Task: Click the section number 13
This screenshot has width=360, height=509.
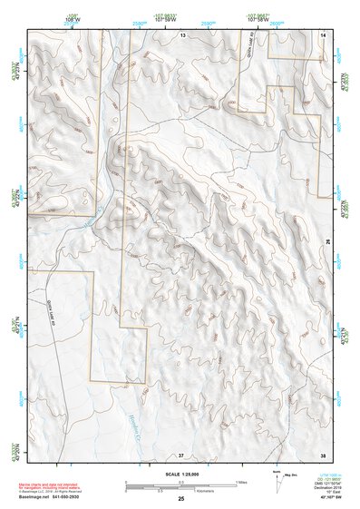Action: (x=181, y=34)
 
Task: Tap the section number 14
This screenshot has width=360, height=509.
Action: (x=323, y=34)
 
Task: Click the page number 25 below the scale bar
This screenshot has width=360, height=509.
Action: (x=181, y=499)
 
